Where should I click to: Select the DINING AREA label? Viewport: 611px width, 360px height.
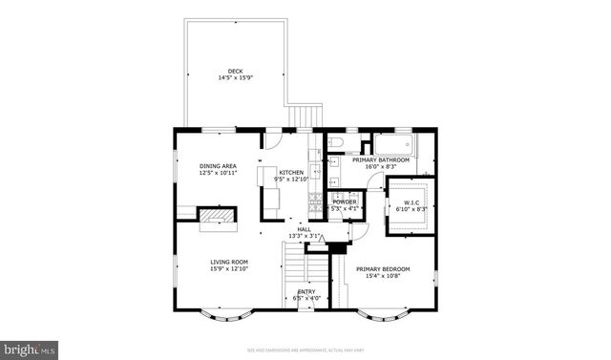(218, 166)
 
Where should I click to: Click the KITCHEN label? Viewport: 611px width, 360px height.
(291, 172)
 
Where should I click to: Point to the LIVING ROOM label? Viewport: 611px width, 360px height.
(229, 262)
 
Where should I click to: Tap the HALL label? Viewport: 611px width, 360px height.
(304, 229)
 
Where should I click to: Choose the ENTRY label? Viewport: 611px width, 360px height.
(305, 291)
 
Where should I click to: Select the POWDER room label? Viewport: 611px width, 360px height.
(344, 201)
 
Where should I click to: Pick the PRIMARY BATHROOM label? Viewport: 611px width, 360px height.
(387, 160)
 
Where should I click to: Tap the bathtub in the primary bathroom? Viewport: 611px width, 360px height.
(393, 145)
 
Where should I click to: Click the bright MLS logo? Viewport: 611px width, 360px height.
(30, 349)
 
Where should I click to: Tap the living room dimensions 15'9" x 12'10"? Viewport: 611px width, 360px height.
(229, 268)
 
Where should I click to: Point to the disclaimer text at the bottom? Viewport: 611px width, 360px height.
(305, 349)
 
